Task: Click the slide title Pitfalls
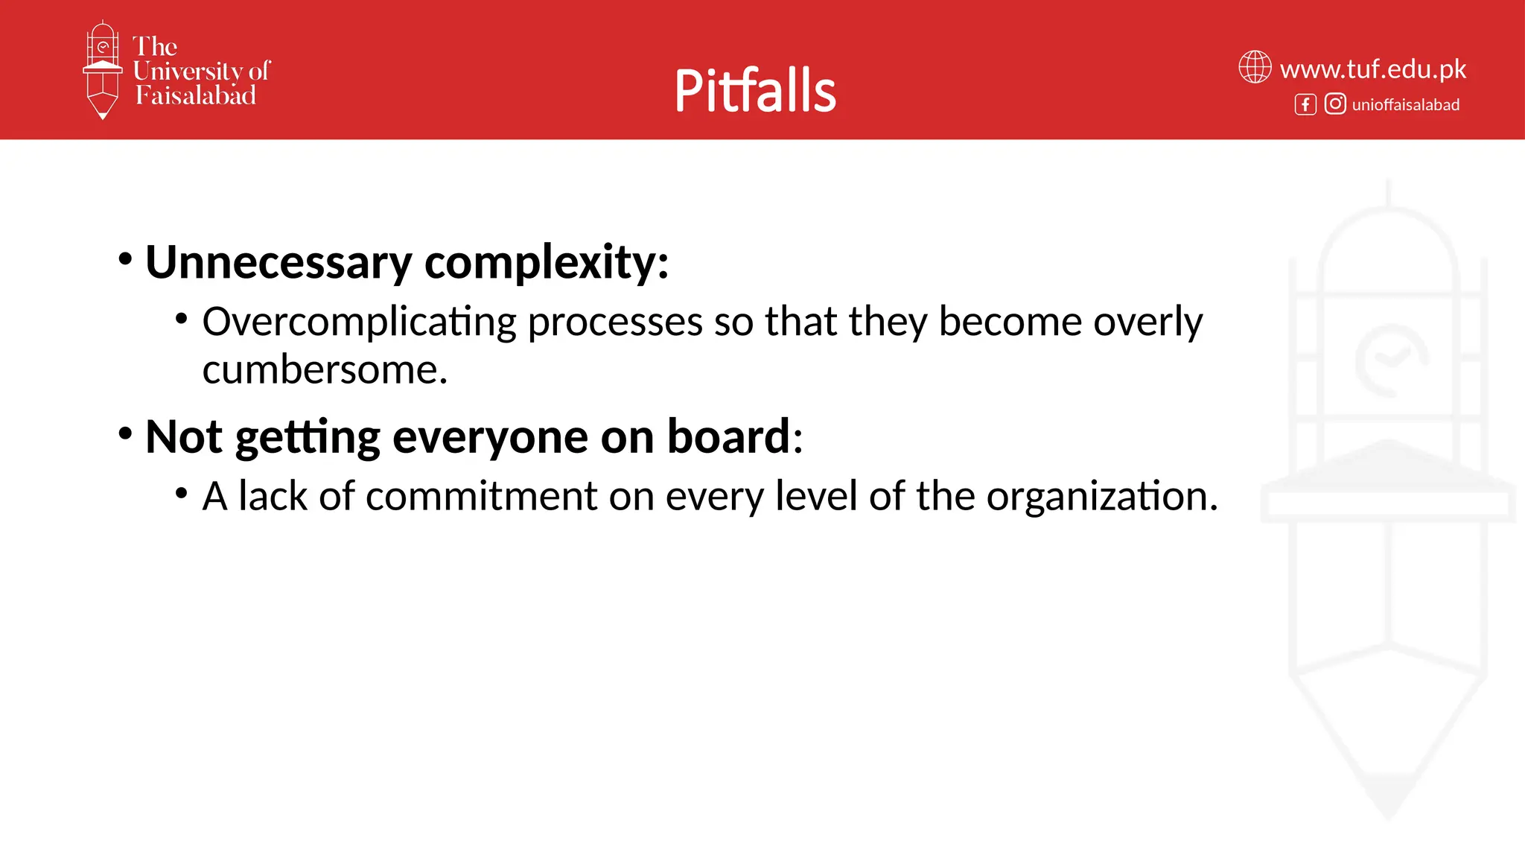(754, 90)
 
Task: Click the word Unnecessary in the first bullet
(278, 262)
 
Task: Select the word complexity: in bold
(546, 262)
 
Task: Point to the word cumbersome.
(324, 370)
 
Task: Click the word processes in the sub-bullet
(615, 322)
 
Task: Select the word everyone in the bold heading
(490, 436)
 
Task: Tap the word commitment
(481, 496)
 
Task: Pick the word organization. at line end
(1101, 496)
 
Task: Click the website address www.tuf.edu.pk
(1372, 69)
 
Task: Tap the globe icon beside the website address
(1255, 67)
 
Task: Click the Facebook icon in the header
(1305, 104)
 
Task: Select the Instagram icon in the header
(1335, 104)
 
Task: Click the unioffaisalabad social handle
(1405, 105)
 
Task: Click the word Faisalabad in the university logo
(195, 95)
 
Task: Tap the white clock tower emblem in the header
(102, 69)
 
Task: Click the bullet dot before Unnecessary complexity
(125, 259)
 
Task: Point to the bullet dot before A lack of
(181, 493)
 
